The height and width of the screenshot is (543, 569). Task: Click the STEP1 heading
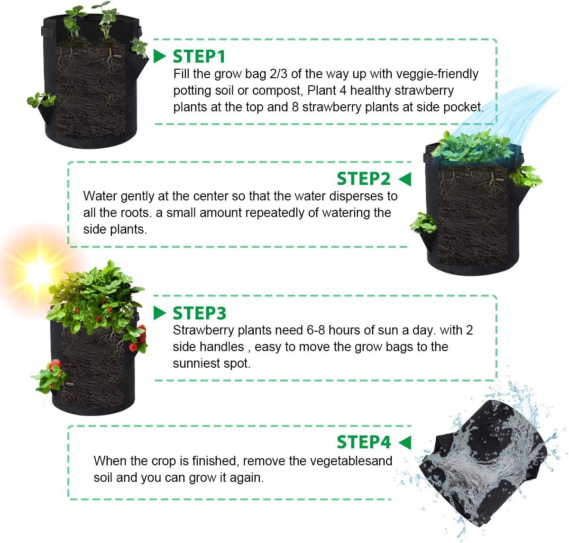tap(199, 56)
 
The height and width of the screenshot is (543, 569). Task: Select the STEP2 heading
tap(363, 179)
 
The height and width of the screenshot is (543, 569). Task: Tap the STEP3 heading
tap(199, 313)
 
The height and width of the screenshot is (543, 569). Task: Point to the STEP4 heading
tap(363, 442)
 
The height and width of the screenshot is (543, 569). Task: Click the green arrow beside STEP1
tap(160, 56)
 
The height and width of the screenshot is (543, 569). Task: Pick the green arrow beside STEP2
tap(405, 179)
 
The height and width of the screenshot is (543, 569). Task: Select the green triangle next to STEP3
tap(160, 313)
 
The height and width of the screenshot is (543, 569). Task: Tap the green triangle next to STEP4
tap(405, 443)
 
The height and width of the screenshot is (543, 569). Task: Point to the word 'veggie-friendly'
tap(437, 74)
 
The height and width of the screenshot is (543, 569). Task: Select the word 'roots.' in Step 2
tap(135, 213)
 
